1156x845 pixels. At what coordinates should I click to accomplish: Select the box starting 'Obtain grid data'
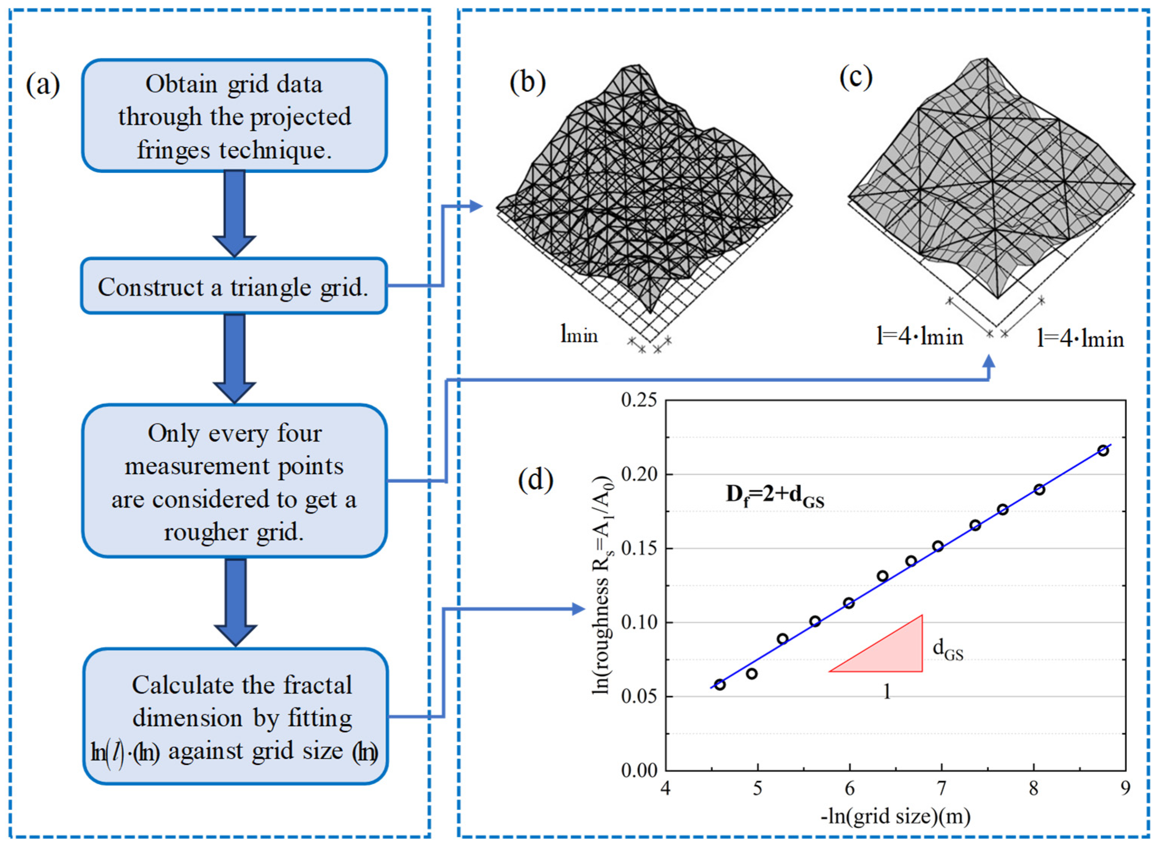pos(233,116)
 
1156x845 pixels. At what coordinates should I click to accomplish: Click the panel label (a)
pos(43,85)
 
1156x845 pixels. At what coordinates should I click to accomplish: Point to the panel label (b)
pos(527,82)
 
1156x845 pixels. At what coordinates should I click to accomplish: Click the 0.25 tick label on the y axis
pos(639,400)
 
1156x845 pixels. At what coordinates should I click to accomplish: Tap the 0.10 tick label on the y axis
pos(639,622)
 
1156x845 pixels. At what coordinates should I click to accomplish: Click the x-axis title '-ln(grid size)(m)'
pos(895,816)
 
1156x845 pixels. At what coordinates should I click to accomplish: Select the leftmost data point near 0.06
pos(720,684)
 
